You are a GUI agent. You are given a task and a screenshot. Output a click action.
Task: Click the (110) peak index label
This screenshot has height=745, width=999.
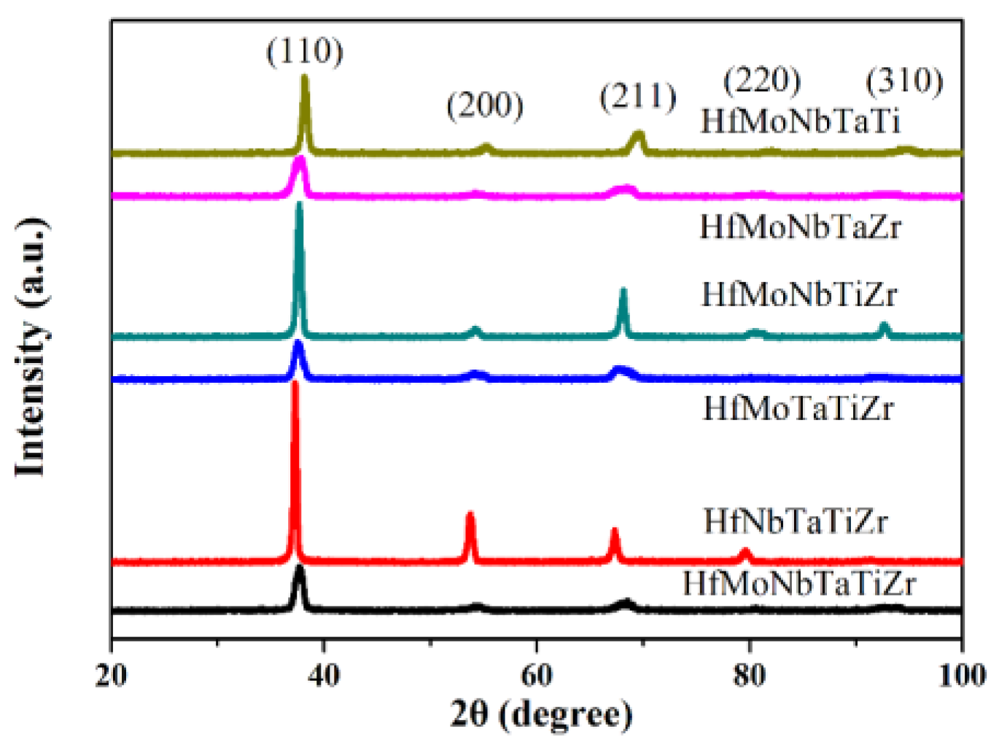click(304, 52)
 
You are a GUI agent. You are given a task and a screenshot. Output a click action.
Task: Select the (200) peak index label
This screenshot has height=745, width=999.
click(485, 106)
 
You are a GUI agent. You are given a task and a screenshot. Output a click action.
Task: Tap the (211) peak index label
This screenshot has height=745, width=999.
click(638, 96)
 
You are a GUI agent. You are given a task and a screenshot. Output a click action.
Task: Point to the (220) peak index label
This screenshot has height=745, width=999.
click(761, 79)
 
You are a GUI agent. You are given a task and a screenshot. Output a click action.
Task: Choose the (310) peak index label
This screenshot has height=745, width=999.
click(904, 80)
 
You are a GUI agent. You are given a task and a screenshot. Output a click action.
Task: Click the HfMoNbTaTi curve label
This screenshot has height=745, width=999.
click(801, 121)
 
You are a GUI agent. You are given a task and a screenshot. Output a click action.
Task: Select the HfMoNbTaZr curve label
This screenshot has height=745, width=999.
click(800, 227)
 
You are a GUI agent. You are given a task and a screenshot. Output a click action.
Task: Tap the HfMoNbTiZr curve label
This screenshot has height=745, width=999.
click(799, 295)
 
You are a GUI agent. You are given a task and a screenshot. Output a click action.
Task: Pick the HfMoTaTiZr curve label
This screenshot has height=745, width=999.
click(798, 408)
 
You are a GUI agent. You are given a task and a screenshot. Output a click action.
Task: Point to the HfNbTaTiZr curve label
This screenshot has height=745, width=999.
click(796, 522)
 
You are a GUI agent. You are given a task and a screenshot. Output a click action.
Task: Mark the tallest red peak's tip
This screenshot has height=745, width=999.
click(295, 383)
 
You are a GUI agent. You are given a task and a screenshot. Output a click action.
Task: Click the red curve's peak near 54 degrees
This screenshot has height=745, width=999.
click(470, 515)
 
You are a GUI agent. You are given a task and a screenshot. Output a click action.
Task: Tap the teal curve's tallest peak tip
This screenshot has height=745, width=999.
click(299, 205)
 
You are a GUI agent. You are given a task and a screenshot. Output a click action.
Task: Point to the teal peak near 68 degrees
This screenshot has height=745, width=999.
click(623, 291)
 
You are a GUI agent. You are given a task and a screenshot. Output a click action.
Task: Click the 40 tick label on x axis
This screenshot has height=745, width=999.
click(324, 676)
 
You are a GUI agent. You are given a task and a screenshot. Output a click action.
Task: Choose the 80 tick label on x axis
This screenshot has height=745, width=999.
click(749, 676)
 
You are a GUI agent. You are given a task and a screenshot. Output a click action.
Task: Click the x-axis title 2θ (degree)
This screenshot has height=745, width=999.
click(541, 715)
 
